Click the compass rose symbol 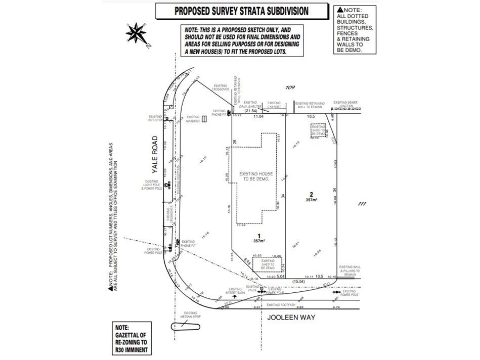click(x=135, y=33)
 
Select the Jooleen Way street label click(x=291, y=318)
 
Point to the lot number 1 click(x=258, y=236)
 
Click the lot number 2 click(x=312, y=194)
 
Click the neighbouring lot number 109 click(x=289, y=88)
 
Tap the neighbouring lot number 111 click(x=361, y=204)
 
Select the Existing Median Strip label click(x=190, y=316)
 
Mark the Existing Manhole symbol click(x=204, y=119)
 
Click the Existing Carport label click(x=274, y=105)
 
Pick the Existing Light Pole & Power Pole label click(x=152, y=186)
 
